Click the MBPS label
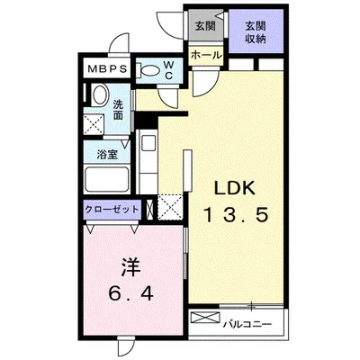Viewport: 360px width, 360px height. [x=107, y=69]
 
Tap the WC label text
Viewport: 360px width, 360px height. [x=169, y=70]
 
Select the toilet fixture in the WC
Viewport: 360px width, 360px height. [x=148, y=71]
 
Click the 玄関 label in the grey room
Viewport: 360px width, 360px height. [x=205, y=26]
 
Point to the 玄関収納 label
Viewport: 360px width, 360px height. [x=256, y=32]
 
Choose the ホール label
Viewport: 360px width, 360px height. [x=206, y=55]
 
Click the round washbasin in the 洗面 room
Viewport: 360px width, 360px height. [x=101, y=94]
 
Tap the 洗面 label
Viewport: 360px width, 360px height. [x=118, y=110]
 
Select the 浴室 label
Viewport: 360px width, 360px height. [x=107, y=155]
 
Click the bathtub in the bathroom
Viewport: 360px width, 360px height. [x=107, y=179]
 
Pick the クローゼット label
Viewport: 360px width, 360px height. [x=112, y=209]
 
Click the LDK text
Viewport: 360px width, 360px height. [x=235, y=188]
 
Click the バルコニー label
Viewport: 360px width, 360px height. [x=247, y=324]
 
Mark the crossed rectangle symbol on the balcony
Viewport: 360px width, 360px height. [x=205, y=318]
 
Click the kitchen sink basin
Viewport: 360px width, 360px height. [x=148, y=143]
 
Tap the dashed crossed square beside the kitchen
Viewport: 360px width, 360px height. [x=170, y=207]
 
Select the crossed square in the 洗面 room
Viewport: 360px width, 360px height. [x=94, y=123]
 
